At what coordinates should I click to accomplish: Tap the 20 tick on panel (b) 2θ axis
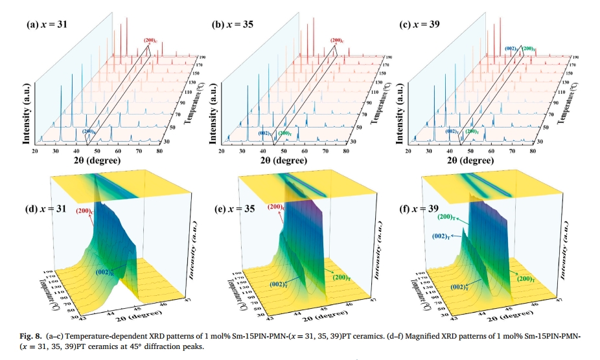pos(223,150)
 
